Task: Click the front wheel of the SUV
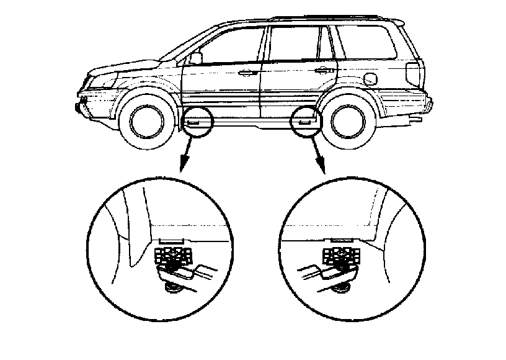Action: click(145, 120)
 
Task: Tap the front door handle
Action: click(248, 73)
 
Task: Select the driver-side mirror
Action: click(196, 58)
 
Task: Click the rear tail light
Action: click(412, 74)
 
